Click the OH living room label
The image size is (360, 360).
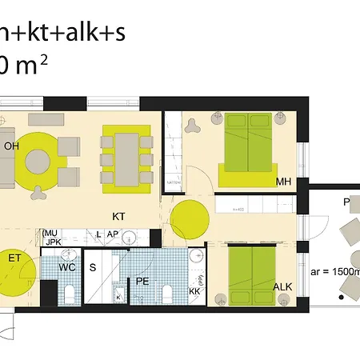(x=11, y=146)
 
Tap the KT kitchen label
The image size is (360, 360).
(x=119, y=216)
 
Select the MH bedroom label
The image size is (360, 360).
(x=282, y=182)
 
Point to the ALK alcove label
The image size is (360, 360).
(x=282, y=286)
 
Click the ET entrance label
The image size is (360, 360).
(x=14, y=258)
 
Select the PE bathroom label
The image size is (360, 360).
(x=142, y=282)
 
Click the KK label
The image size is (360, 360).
(x=194, y=292)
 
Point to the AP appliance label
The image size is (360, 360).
(x=113, y=235)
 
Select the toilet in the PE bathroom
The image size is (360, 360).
(x=167, y=290)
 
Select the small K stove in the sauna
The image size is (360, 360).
(x=118, y=297)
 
